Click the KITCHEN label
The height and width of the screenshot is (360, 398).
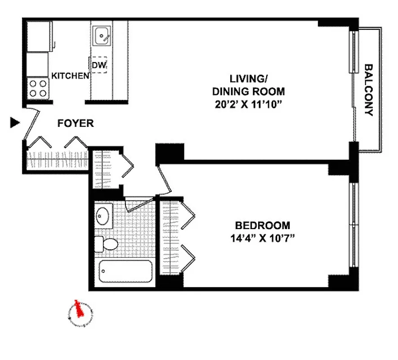point(70,76)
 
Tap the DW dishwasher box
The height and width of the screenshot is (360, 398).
point(99,65)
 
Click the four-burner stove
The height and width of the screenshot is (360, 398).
point(38,88)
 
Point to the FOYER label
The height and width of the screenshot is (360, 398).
point(76,123)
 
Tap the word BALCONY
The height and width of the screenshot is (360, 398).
point(369,90)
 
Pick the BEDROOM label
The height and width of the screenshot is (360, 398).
point(263,225)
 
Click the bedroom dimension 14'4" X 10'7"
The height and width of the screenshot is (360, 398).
point(263,238)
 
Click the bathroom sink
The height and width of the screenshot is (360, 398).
point(103,216)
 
